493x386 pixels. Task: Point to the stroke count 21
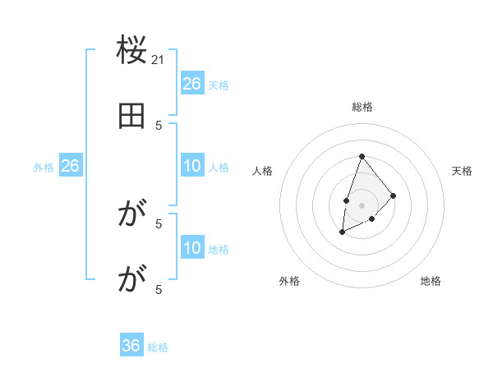[x=159, y=59]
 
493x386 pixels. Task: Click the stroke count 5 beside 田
[x=159, y=125]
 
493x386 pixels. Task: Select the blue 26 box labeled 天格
[x=192, y=84]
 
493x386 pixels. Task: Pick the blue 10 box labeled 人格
[x=192, y=167]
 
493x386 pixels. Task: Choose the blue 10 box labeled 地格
[x=192, y=249]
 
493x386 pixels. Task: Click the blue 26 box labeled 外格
[x=71, y=167]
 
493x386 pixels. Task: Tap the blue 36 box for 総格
[x=131, y=346]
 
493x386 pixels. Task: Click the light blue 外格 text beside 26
[x=44, y=168]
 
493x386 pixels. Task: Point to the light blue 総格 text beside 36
[x=158, y=347]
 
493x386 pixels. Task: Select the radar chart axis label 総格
[x=362, y=107]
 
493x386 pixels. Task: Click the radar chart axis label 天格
[x=462, y=171]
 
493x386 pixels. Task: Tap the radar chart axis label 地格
[x=431, y=281]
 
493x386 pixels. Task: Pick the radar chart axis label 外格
[x=289, y=281]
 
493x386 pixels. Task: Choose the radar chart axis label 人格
[x=262, y=171]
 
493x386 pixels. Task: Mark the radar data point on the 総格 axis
[x=362, y=156]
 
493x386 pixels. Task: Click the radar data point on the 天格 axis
[x=394, y=195]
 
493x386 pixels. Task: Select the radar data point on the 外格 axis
[x=343, y=232]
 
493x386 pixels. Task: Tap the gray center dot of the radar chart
[x=362, y=204]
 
